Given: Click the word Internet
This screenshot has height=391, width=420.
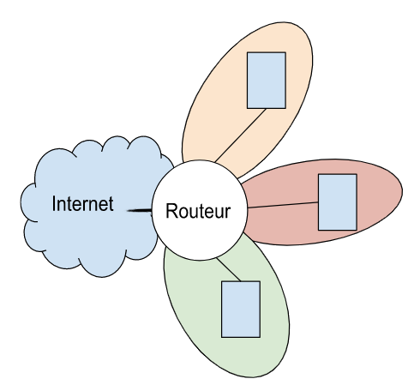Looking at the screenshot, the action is coord(82,204).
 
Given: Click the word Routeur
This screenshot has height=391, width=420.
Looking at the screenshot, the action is coord(198,211).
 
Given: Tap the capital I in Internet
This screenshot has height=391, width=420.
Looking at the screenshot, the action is coord(54,204).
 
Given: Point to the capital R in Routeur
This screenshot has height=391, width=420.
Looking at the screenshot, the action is coord(171,211).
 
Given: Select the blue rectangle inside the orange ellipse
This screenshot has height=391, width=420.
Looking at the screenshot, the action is coord(267,81).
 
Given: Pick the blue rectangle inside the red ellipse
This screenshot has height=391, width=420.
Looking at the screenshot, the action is coord(338,202).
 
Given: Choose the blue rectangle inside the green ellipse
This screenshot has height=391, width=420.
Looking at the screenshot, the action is coord(241,310).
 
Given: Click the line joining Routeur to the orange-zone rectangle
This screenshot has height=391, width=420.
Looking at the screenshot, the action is coord(241,135).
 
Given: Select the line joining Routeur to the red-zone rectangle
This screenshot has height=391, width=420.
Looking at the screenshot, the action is coord(283,205).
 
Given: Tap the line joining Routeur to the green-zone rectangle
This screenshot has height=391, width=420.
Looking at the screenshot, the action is coord(229,269).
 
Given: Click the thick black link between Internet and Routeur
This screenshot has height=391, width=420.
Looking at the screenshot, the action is coord(140,211).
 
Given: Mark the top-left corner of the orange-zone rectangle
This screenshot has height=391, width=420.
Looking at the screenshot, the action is coord(247,52).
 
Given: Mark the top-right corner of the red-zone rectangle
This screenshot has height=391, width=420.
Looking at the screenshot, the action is coord(357,174).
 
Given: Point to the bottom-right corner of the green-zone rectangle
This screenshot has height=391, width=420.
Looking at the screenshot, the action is coord(260,338).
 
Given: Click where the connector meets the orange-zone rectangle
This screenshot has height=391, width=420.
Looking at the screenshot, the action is coord(267,109).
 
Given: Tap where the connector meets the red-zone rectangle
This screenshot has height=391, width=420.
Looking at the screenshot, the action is coord(318,202).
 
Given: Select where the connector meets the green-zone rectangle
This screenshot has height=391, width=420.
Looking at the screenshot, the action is coord(241,281).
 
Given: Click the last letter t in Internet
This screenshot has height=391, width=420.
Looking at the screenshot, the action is coord(111,205).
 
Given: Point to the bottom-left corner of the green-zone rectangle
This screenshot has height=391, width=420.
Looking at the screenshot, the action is coord(221,338).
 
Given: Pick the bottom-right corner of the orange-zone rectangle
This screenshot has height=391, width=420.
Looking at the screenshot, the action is coord(285,109).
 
